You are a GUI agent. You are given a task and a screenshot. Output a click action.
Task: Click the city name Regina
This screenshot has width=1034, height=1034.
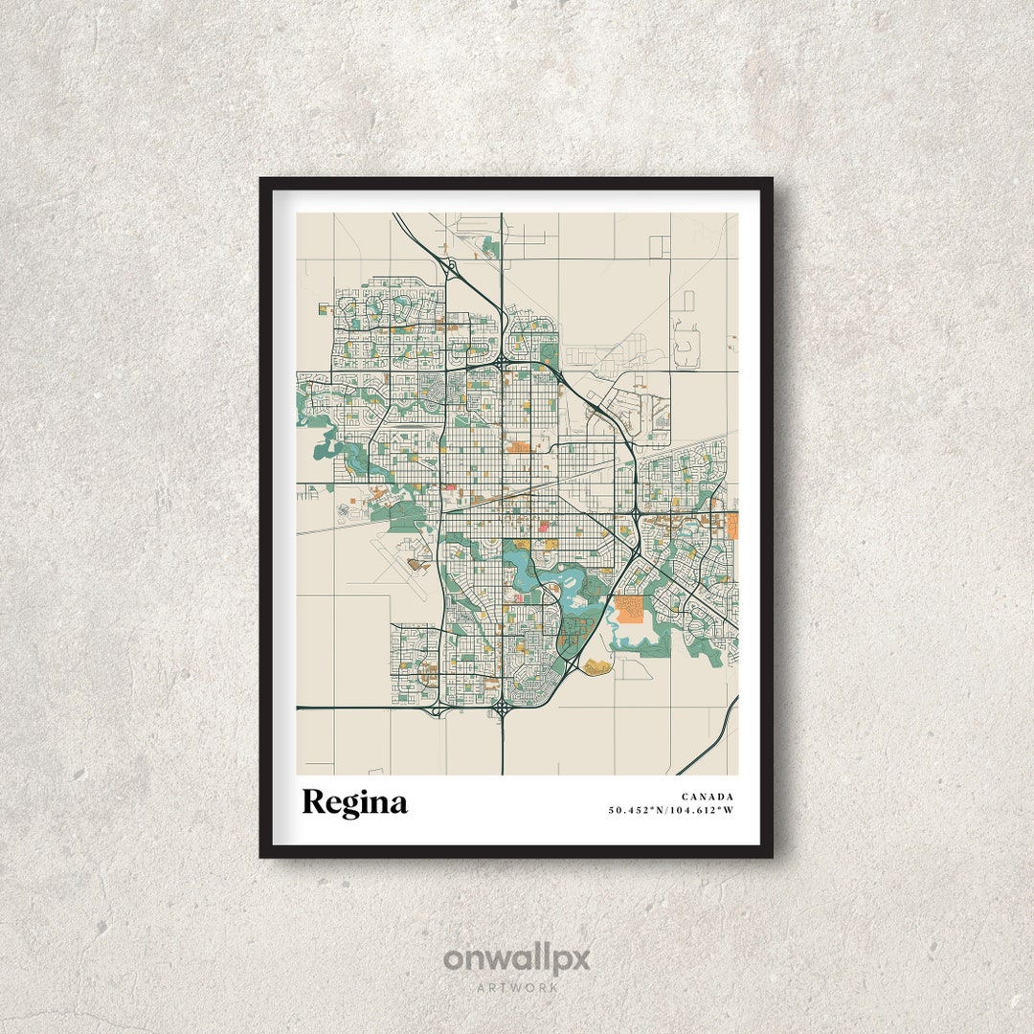coord(354,802)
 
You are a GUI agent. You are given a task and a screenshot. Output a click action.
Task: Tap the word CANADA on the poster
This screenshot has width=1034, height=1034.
coord(708,797)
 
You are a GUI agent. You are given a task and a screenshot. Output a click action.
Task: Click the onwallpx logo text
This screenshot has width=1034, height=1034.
coord(516,958)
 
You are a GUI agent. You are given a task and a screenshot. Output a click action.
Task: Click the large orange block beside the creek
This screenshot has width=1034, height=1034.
coord(631,610)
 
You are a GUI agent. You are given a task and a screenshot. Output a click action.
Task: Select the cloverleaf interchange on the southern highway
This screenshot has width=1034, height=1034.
coord(502,708)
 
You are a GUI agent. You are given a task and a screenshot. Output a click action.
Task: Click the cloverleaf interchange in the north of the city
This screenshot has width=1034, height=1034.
coord(501,364)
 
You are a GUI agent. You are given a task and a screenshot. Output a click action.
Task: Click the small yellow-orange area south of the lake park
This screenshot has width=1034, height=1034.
coord(597,665)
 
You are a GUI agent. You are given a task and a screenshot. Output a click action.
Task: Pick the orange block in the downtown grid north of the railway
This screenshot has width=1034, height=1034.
coord(519,446)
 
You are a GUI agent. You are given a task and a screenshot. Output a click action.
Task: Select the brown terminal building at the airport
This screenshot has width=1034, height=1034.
coord(417,565)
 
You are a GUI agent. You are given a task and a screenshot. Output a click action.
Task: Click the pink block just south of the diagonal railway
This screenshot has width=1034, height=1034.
coord(544,524)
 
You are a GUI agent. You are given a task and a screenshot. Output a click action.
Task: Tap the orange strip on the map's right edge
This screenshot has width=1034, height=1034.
coord(732,525)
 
